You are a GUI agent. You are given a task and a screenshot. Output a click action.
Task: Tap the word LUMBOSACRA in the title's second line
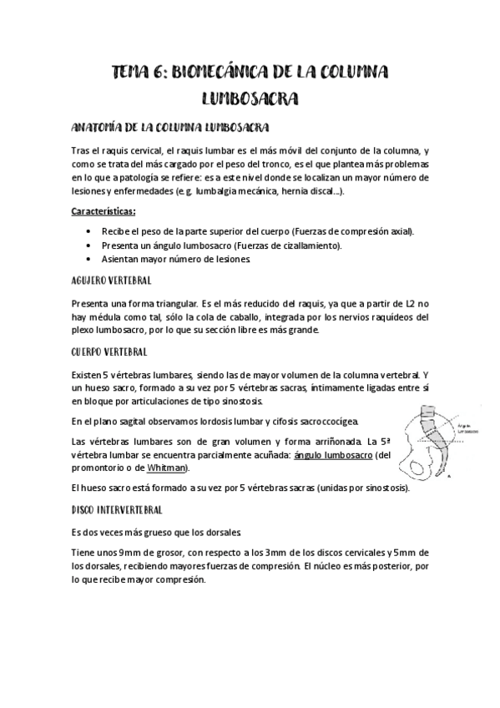(250, 99)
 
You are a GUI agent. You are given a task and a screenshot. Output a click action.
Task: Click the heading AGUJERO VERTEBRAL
(111, 281)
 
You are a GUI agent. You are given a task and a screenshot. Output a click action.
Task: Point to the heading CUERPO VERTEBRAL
(109, 352)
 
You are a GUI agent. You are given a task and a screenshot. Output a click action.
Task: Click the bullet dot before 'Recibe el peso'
(90, 230)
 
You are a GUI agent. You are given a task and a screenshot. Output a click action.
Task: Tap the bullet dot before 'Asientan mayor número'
(90, 260)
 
